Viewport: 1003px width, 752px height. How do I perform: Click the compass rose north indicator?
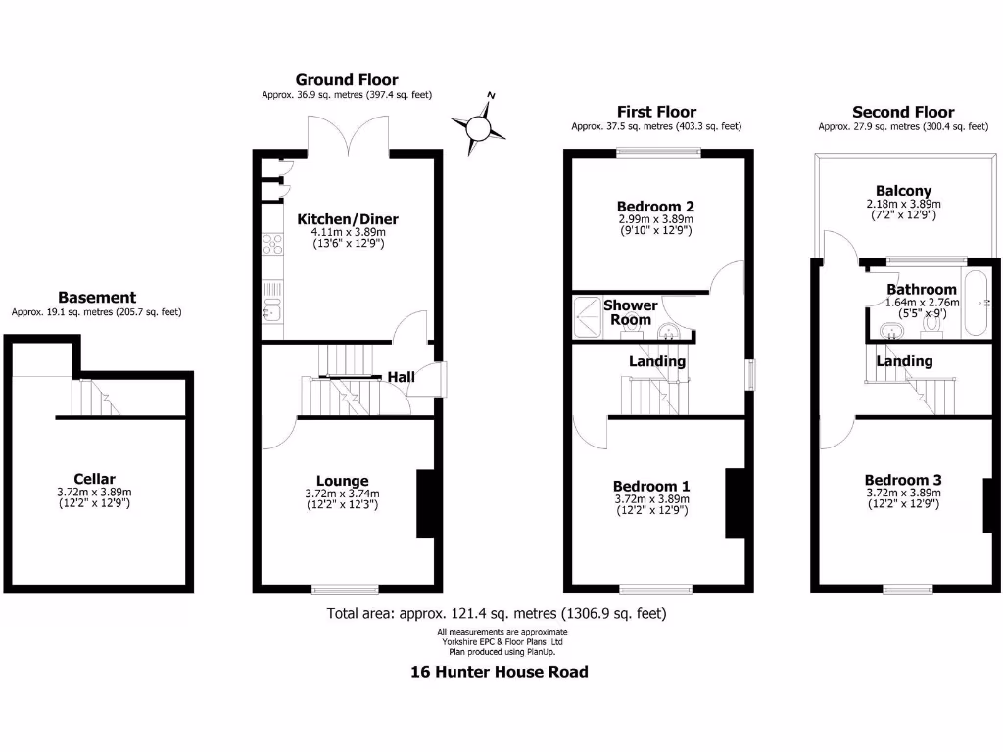coord(479,127)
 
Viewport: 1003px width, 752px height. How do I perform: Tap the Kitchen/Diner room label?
coord(348,219)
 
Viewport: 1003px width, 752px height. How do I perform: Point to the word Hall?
coord(402,377)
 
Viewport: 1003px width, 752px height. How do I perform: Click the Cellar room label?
coord(94,479)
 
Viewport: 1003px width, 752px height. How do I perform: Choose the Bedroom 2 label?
coord(655,207)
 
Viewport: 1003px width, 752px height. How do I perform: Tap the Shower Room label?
coord(631,312)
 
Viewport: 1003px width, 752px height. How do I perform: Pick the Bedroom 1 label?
coord(651,486)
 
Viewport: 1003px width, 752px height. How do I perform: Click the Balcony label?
coord(903,191)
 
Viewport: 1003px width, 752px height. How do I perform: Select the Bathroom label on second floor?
coord(921,290)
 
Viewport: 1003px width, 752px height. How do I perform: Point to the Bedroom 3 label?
coord(903,480)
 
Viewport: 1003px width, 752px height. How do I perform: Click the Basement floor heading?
coord(97,298)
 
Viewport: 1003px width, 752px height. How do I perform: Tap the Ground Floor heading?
coord(347,80)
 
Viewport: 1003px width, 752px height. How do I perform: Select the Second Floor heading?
coord(903,112)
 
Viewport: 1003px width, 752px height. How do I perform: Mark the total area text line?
coord(497,614)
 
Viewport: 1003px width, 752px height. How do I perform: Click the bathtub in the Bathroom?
coord(977,303)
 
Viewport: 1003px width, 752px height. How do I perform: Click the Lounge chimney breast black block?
coord(426,503)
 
